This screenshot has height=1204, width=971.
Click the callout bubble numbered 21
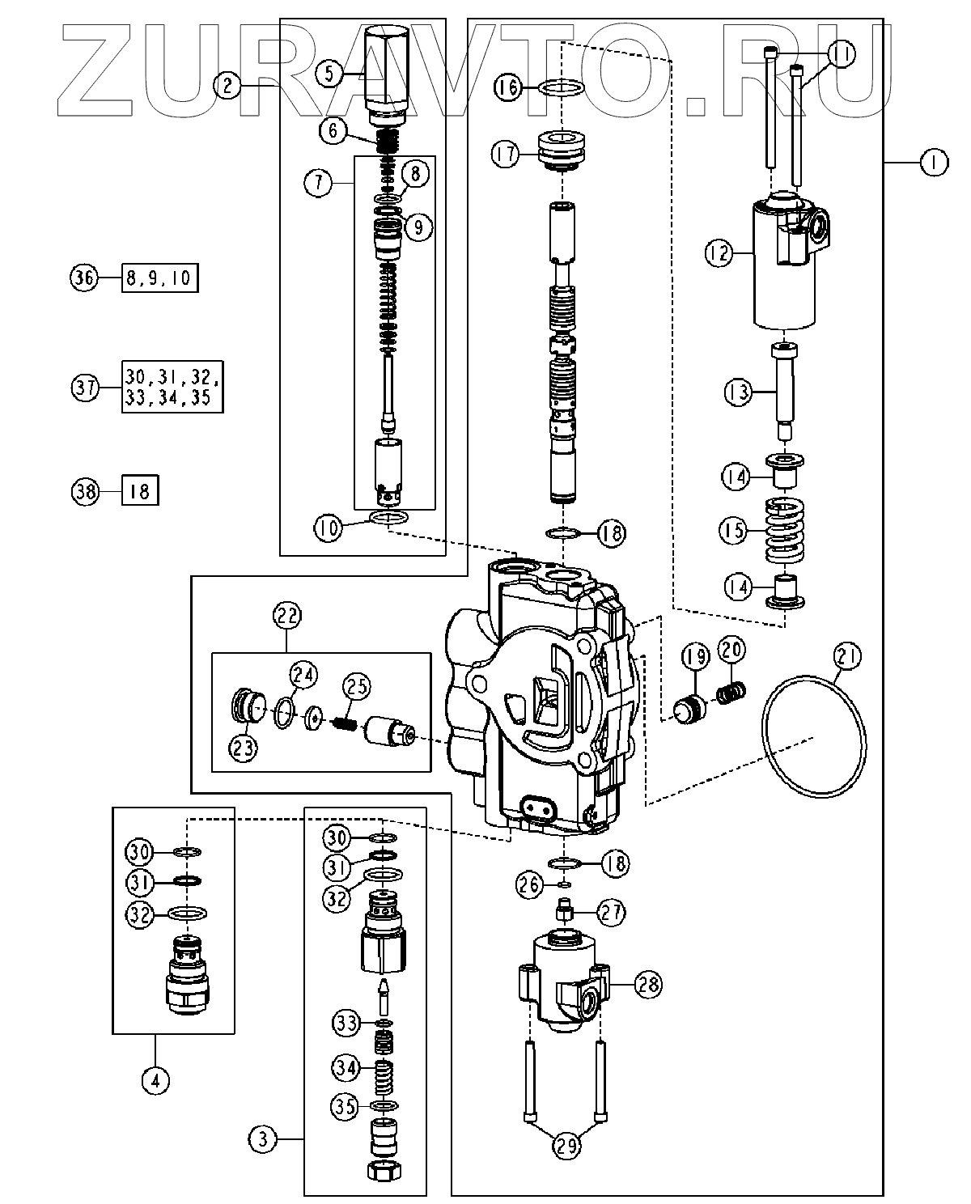tap(846, 655)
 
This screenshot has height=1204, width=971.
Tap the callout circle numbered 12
tap(719, 253)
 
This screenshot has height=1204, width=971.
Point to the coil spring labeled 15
tap(784, 530)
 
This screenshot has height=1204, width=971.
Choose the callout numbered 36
tap(84, 278)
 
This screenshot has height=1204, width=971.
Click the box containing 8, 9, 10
tap(160, 278)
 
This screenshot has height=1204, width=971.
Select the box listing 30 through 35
tap(172, 387)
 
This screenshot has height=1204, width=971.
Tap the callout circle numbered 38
tap(86, 491)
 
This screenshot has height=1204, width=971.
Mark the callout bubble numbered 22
tap(287, 616)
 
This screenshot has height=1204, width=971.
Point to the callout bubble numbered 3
tap(262, 1139)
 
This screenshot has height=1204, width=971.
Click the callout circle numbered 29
tap(566, 1147)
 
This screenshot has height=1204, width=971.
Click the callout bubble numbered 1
tap(934, 163)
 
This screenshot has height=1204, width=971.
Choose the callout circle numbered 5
tap(329, 74)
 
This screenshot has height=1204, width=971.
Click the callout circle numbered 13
tap(738, 392)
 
